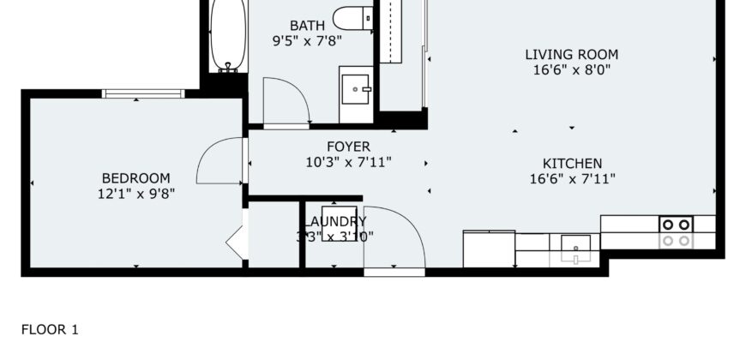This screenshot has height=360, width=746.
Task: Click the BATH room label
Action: click(x=307, y=26)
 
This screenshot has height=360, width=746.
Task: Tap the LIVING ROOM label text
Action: click(x=571, y=55)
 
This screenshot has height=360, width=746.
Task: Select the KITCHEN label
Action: click(x=572, y=163)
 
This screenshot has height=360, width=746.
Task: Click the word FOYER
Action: click(x=348, y=147)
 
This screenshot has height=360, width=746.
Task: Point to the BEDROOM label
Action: click(x=135, y=178)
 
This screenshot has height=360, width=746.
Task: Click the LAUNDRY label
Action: click(x=334, y=221)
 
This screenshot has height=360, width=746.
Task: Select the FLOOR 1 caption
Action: click(x=50, y=329)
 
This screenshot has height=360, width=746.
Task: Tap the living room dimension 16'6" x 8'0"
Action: click(x=571, y=70)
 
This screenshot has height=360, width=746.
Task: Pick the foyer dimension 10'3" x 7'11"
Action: click(x=348, y=162)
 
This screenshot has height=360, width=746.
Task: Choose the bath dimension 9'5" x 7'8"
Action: click(x=307, y=40)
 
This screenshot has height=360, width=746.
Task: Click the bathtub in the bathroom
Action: click(x=226, y=34)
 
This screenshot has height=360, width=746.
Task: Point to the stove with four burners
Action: click(x=675, y=232)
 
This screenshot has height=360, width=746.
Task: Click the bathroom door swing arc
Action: click(x=285, y=101)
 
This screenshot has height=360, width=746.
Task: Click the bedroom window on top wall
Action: click(x=143, y=93)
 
